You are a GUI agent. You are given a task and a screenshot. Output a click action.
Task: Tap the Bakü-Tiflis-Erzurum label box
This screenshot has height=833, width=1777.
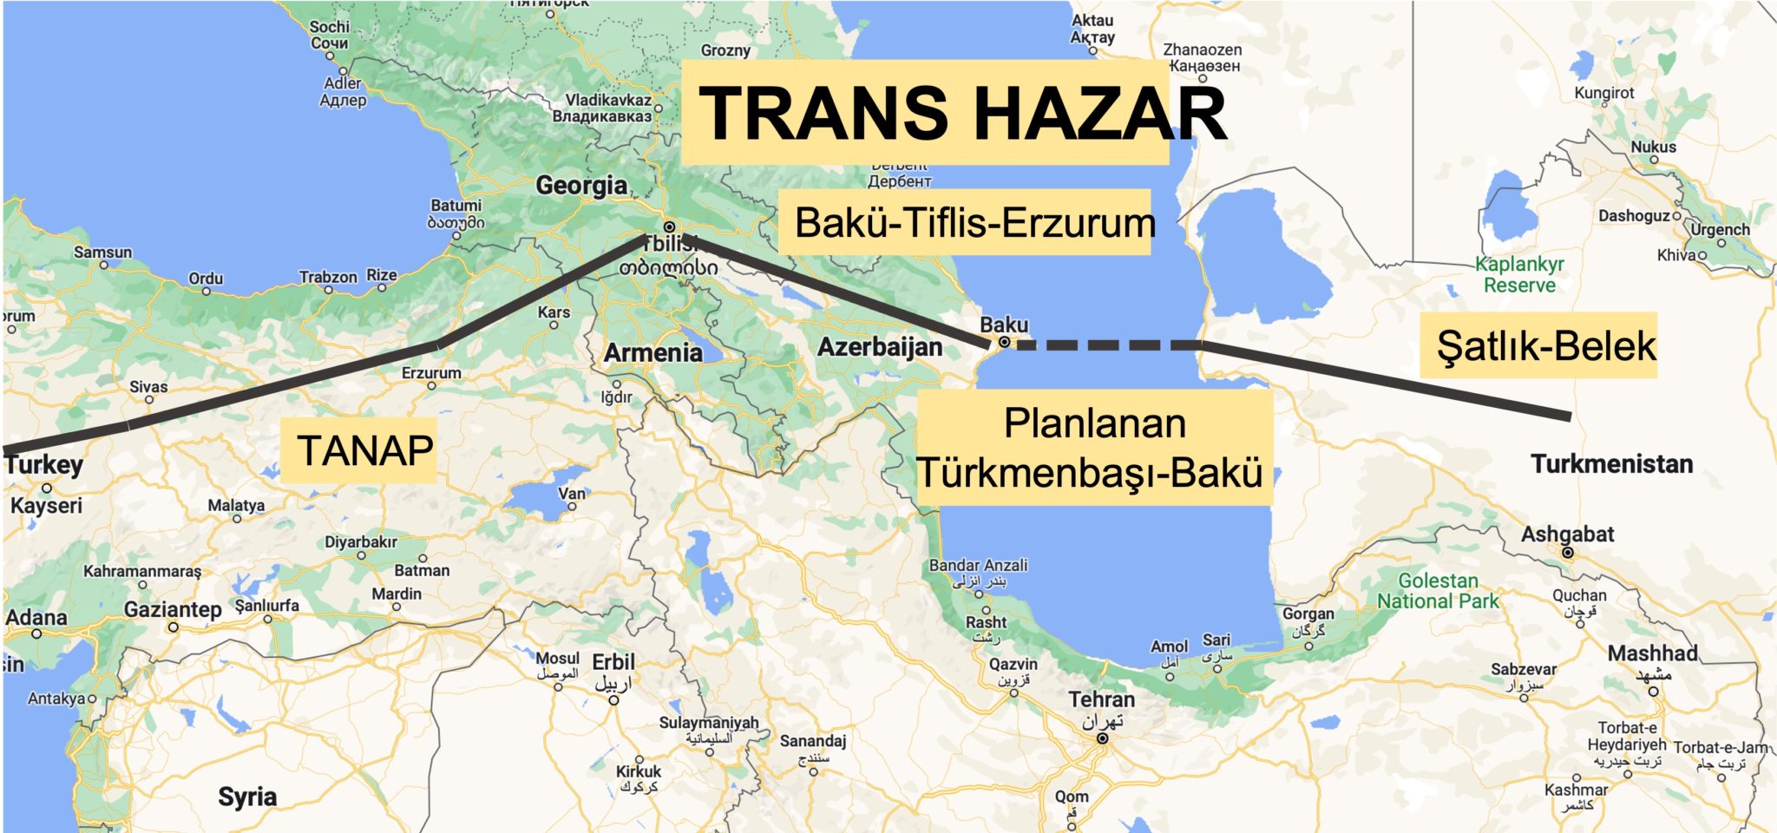(x=974, y=223)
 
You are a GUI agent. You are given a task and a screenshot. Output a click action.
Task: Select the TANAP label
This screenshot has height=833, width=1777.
(x=364, y=450)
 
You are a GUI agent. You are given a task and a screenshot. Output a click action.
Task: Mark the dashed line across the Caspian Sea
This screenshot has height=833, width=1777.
(x=1102, y=345)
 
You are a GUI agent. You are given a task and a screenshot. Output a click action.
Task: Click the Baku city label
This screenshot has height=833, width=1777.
(x=1004, y=325)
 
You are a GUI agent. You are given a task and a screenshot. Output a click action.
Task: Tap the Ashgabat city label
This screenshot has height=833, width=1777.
(x=1567, y=535)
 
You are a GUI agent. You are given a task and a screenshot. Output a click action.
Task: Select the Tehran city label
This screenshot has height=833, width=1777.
(x=1101, y=699)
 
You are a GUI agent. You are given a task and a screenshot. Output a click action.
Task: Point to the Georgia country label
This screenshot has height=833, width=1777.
(x=581, y=186)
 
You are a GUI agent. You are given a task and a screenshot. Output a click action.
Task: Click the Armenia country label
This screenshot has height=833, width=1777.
(x=652, y=353)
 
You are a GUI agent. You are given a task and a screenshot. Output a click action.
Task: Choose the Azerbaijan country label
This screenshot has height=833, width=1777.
(x=880, y=347)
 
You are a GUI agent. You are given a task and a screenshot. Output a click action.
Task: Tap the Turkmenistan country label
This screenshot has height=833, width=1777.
(x=1611, y=464)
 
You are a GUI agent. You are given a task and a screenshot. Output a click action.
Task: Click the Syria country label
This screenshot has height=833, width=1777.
(x=247, y=797)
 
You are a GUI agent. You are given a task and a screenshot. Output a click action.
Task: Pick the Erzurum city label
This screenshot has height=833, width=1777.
(x=431, y=373)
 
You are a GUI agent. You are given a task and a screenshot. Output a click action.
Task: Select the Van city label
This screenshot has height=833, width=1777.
(x=572, y=494)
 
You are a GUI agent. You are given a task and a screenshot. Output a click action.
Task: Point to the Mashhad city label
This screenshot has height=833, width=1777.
(x=1652, y=653)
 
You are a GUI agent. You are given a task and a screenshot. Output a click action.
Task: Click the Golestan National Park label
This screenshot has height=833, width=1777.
(x=1438, y=591)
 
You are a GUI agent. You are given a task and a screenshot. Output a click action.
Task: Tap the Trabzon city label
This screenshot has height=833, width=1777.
(x=328, y=278)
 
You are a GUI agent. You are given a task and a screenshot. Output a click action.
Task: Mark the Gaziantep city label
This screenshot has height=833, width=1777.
(x=173, y=610)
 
